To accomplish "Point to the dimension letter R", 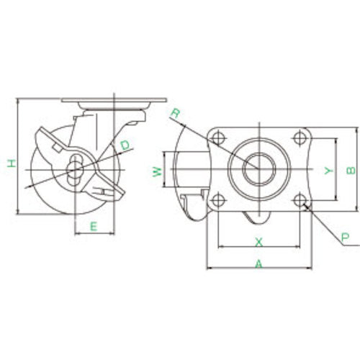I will coord(175,112).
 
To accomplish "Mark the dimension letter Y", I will coord(328,171).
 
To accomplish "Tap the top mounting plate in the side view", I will coord(115,101).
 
